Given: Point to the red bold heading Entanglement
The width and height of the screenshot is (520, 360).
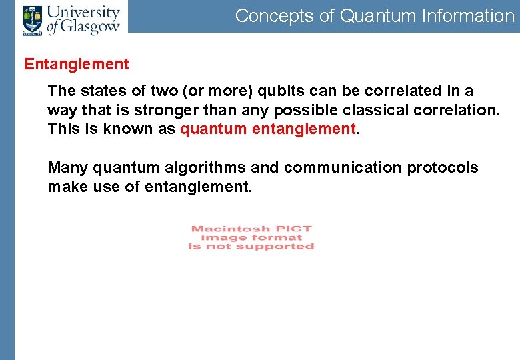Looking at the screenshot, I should [77, 65].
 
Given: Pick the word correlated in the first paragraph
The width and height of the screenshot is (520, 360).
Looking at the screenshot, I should [397, 91].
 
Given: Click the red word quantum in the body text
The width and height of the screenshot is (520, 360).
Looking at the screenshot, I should [213, 128].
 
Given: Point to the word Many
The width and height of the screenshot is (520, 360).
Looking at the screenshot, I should [67, 167].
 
